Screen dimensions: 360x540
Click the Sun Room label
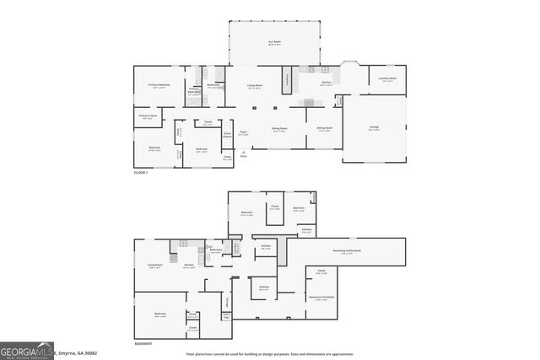point(274,41)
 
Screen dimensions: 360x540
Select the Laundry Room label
point(387,79)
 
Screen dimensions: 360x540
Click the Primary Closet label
point(148,117)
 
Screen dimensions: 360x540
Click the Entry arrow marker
point(244,153)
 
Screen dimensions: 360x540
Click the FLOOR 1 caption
point(141,173)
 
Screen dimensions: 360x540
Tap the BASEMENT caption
point(143,344)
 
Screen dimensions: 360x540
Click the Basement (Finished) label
point(319,298)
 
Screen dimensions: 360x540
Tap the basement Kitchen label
point(189,266)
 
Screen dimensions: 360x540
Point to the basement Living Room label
point(154,266)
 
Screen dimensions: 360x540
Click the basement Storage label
point(227,300)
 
